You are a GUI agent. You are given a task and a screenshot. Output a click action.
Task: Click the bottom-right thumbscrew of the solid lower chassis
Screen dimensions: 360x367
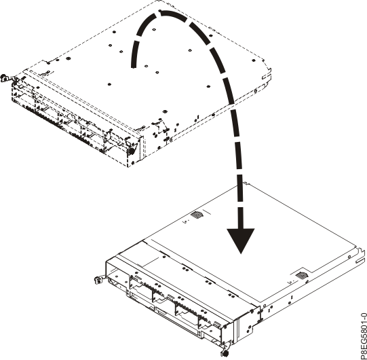[x=225, y=350]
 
